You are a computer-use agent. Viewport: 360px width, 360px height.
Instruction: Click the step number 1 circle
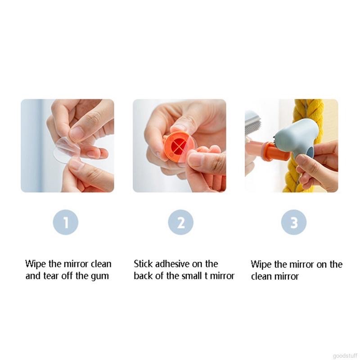click(66, 223)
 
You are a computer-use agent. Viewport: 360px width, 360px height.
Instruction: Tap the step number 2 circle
click(180, 223)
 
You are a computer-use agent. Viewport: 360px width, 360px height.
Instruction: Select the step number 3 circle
click(294, 223)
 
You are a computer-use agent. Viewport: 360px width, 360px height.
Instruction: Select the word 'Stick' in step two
click(144, 264)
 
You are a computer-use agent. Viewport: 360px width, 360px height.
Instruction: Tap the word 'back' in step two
click(143, 276)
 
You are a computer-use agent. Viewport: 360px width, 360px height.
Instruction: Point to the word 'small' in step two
click(191, 276)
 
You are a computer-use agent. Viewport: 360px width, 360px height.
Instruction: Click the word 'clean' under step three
click(261, 276)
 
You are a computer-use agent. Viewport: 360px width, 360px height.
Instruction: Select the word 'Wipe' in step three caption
click(260, 264)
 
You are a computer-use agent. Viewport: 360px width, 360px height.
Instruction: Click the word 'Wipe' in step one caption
click(35, 264)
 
